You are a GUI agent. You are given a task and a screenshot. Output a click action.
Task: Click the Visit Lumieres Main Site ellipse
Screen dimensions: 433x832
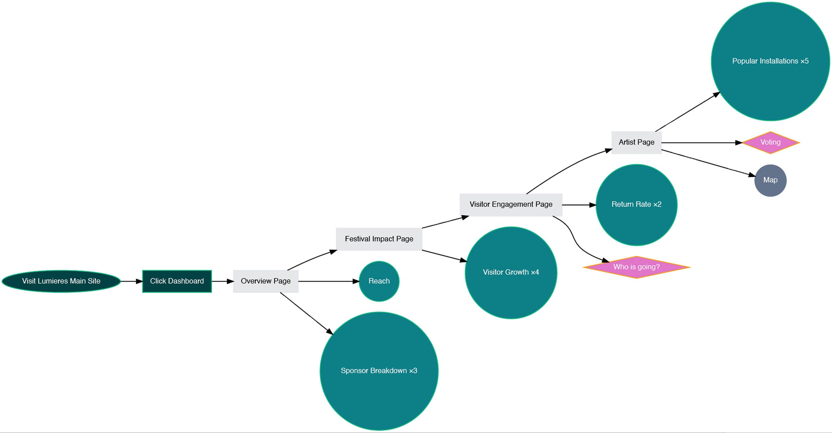pyautogui.click(x=61, y=281)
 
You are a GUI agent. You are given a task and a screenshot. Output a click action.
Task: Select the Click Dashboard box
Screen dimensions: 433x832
pyautogui.click(x=177, y=281)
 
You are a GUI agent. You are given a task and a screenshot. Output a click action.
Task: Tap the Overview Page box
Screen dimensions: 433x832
pyautogui.click(x=266, y=281)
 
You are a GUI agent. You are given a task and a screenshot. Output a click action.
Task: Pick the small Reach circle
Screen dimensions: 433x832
pyautogui.click(x=379, y=281)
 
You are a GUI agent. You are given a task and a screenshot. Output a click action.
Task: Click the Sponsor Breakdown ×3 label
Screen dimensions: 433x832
pyautogui.click(x=379, y=371)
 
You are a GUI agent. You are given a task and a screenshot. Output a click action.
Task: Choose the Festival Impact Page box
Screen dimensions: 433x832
pyautogui.click(x=379, y=239)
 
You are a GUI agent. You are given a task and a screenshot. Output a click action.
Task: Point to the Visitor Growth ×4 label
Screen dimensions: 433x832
pyautogui.click(x=511, y=272)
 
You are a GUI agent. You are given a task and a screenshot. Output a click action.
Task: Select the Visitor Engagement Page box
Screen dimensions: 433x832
pyautogui.click(x=511, y=205)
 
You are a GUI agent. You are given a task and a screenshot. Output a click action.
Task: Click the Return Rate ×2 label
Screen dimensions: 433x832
pyautogui.click(x=636, y=205)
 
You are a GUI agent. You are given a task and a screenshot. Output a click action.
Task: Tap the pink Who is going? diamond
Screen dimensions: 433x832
pyautogui.click(x=636, y=267)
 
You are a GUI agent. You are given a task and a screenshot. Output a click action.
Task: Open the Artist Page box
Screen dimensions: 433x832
pyautogui.click(x=636, y=143)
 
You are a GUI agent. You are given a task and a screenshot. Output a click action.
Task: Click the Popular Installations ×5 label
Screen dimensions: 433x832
pyautogui.click(x=770, y=61)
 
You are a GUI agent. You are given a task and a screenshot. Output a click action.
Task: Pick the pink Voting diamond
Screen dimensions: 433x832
pyautogui.click(x=770, y=143)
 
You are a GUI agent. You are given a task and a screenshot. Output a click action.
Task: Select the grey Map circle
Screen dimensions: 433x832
pyautogui.click(x=770, y=180)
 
